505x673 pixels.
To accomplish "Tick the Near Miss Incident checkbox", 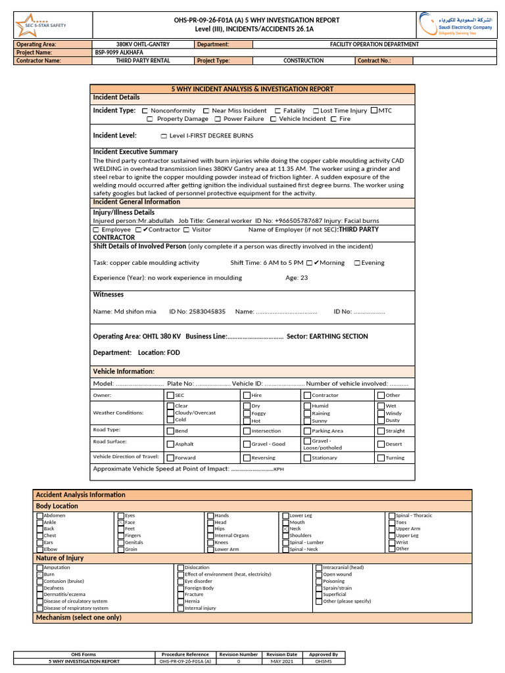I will point(206,111).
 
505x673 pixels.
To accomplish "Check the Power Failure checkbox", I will point(218,120).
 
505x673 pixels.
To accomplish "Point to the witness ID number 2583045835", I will point(197,311).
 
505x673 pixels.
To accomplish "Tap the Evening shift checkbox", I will point(357,263).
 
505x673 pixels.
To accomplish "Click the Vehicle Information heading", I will point(124,371).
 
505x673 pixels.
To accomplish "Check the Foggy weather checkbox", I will point(246,413).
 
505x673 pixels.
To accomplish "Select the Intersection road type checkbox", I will point(246,431).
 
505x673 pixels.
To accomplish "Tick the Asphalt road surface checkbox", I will point(170,444).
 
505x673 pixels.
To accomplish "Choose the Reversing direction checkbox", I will point(246,457).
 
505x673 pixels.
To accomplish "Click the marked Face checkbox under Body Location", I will point(121,522).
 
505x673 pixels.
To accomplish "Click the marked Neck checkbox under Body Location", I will point(285,529).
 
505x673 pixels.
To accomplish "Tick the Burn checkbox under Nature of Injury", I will point(39,574).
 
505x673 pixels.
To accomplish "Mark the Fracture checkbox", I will point(181,595).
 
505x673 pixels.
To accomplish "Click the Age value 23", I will point(304,278).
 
